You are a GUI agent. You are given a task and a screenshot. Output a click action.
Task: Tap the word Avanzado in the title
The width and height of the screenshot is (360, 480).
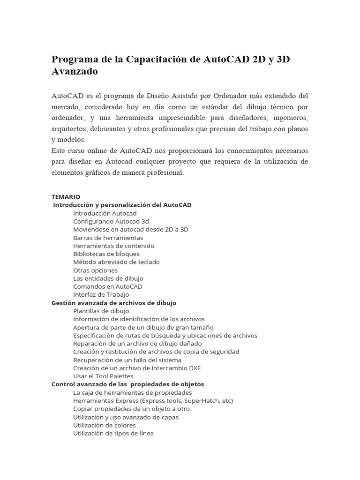(x=75, y=72)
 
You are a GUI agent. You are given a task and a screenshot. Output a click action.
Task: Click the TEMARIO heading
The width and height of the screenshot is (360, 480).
(x=66, y=197)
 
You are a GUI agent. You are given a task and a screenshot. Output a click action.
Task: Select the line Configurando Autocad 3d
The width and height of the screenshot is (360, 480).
(x=111, y=221)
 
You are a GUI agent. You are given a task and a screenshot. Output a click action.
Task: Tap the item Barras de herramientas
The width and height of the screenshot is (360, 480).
(x=108, y=238)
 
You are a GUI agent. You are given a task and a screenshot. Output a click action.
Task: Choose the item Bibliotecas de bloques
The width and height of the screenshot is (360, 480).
(x=106, y=254)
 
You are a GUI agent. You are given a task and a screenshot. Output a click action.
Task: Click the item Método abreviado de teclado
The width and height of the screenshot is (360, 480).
(x=116, y=262)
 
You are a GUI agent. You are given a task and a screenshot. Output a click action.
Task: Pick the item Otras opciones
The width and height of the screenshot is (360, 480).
(x=96, y=270)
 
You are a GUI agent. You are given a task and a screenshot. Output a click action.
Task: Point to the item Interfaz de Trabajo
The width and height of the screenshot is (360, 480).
(x=101, y=294)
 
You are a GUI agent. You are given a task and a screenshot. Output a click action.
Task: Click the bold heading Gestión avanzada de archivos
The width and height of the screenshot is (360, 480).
(x=114, y=303)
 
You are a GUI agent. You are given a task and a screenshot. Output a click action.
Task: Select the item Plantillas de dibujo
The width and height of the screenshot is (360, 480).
(x=101, y=311)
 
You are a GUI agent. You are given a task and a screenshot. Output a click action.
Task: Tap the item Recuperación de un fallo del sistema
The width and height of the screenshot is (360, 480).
(x=127, y=360)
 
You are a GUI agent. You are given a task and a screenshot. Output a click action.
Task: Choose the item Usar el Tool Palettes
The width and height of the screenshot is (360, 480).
(x=103, y=376)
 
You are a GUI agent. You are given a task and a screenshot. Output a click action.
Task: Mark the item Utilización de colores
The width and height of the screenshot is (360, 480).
(x=105, y=425)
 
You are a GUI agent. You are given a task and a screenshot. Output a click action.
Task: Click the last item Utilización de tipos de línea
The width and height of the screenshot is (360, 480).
(x=113, y=433)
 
